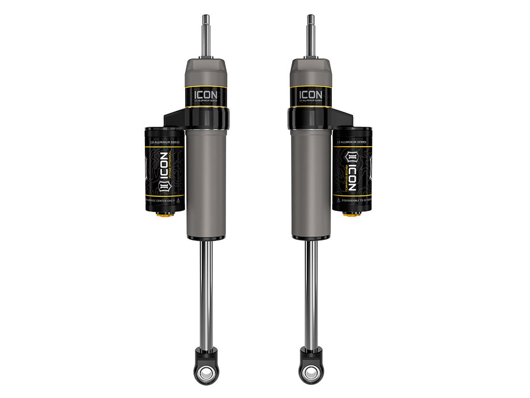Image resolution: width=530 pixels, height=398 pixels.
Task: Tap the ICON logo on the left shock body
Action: pyautogui.click(x=206, y=94)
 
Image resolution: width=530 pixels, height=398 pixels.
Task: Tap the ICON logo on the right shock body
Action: pyautogui.click(x=311, y=94)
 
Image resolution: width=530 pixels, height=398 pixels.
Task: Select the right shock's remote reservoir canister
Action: pyautogui.click(x=352, y=171)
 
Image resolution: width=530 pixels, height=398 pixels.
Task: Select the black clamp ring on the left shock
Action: pyautogui.click(x=206, y=118)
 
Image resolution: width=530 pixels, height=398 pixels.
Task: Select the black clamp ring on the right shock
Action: pyautogui.click(x=311, y=118)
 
